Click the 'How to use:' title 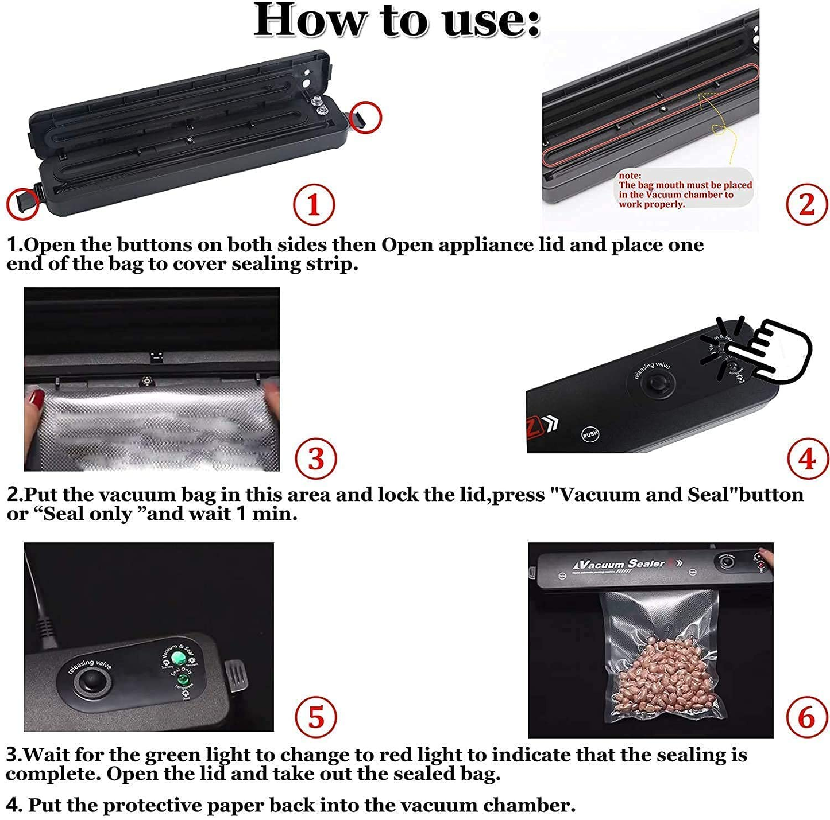[x=397, y=21]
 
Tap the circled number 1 [x=314, y=204]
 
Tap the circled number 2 [x=806, y=204]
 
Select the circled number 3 [x=315, y=459]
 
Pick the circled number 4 [x=807, y=458]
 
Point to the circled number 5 [x=315, y=717]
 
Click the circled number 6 [x=806, y=717]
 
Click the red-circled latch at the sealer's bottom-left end [x=23, y=203]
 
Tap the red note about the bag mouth [x=684, y=190]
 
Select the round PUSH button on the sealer [x=590, y=434]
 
